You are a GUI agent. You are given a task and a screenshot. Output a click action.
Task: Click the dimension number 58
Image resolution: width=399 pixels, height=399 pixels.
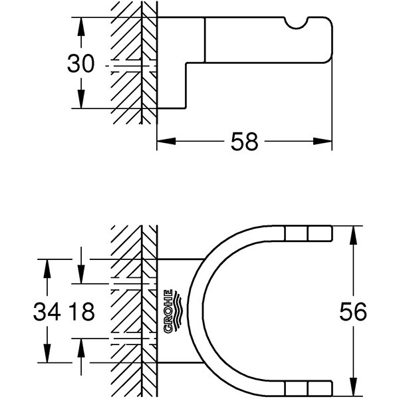244,142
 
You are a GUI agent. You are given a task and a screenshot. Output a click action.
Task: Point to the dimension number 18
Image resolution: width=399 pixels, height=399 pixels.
82,311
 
